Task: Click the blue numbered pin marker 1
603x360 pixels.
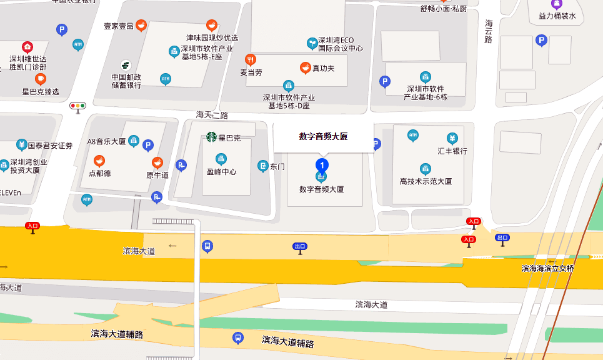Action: click(322, 165)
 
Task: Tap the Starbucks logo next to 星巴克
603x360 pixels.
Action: click(211, 137)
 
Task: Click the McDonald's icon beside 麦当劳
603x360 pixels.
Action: click(251, 59)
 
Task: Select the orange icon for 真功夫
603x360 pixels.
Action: click(306, 67)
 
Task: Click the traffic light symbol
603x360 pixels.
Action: click(78, 106)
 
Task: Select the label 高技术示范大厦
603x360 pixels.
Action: click(426, 181)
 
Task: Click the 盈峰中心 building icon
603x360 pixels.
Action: click(221, 159)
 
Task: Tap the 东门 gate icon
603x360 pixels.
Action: click(263, 166)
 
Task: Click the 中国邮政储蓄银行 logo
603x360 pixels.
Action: click(126, 65)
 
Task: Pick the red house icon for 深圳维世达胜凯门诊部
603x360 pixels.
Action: click(27, 47)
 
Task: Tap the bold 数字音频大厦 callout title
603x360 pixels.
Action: click(323, 136)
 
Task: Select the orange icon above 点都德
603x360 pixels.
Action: click(99, 161)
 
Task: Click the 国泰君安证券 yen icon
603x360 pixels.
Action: click(22, 145)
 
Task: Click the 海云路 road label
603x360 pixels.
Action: click(489, 31)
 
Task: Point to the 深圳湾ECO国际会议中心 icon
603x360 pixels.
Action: click(312, 42)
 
